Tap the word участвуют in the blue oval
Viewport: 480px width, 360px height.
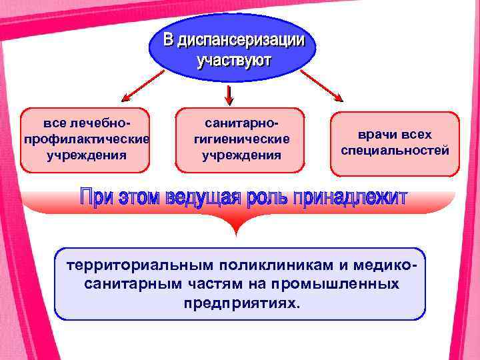(233, 60)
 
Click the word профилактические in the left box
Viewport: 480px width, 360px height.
(86, 139)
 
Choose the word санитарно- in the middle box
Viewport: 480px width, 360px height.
(241, 124)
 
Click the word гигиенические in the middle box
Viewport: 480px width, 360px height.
(241, 139)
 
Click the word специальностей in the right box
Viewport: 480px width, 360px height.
(395, 151)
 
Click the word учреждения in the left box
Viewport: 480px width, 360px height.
(86, 155)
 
